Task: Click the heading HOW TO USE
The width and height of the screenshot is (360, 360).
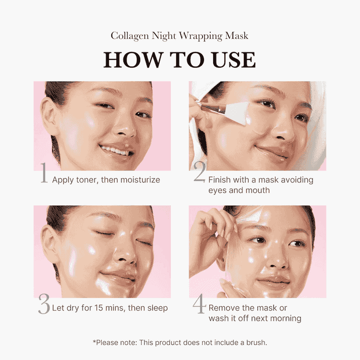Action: pos(180,60)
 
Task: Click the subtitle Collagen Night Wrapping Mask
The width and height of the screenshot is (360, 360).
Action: pos(180,36)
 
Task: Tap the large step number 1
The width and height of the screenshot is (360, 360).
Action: pos(44,174)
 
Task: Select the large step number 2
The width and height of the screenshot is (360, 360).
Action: pos(199,174)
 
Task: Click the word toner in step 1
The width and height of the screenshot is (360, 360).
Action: pos(85,180)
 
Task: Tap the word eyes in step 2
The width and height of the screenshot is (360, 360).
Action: pos(217,191)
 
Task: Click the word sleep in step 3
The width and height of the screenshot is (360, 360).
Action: pos(156,308)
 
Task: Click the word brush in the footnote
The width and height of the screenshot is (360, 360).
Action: pos(255,343)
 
